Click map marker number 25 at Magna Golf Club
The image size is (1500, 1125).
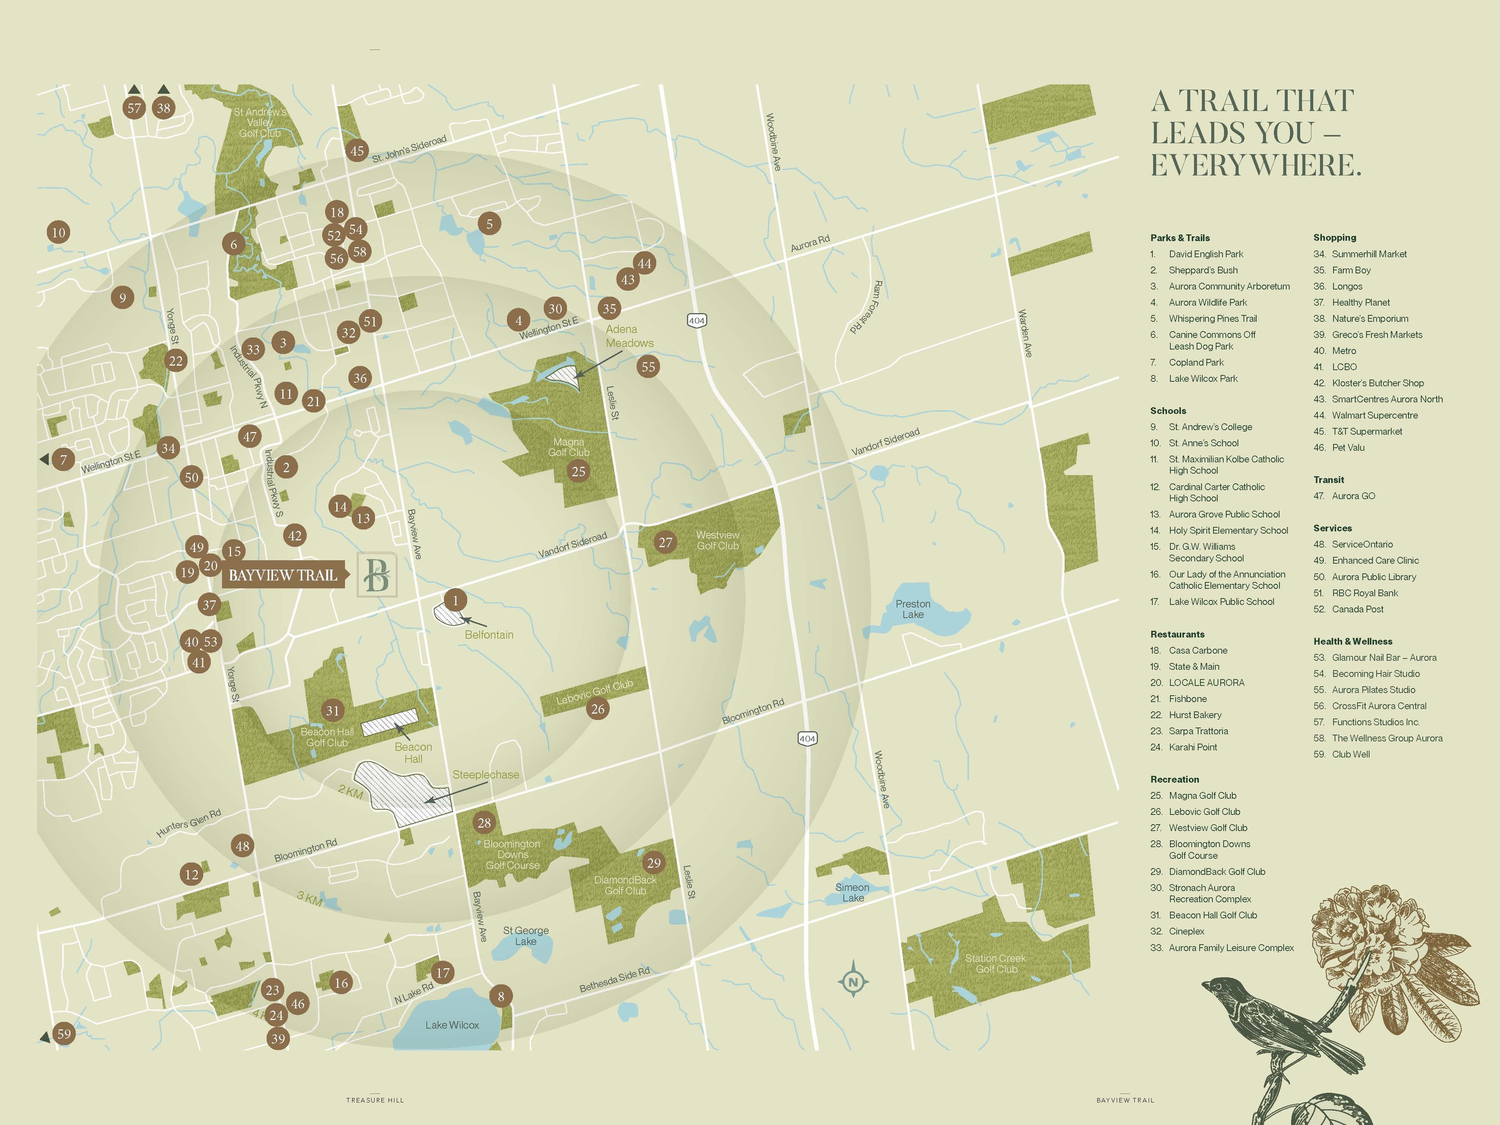[x=578, y=471]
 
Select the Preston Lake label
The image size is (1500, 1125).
[x=913, y=609]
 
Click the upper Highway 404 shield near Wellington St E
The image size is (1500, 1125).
[x=696, y=320]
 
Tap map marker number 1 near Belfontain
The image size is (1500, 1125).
[x=455, y=600]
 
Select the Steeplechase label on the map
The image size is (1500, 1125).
[x=486, y=774]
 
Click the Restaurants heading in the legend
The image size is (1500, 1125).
[x=1177, y=634]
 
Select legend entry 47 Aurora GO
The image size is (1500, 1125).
[x=1353, y=496]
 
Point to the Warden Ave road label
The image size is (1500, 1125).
[x=1025, y=334]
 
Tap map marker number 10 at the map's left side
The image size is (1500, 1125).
[x=58, y=232]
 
